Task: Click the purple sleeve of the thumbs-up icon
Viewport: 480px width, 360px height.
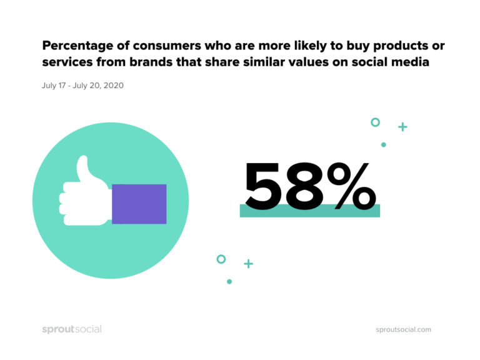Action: (x=139, y=204)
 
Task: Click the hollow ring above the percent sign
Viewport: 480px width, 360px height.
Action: (x=375, y=122)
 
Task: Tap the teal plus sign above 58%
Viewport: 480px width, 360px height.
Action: (x=402, y=127)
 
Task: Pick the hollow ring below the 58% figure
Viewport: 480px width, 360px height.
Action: (x=221, y=259)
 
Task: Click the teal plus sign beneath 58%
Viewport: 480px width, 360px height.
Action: (x=248, y=264)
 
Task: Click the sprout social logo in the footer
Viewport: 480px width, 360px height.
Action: (x=71, y=329)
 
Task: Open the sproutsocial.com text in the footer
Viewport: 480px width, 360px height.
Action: (x=403, y=330)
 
